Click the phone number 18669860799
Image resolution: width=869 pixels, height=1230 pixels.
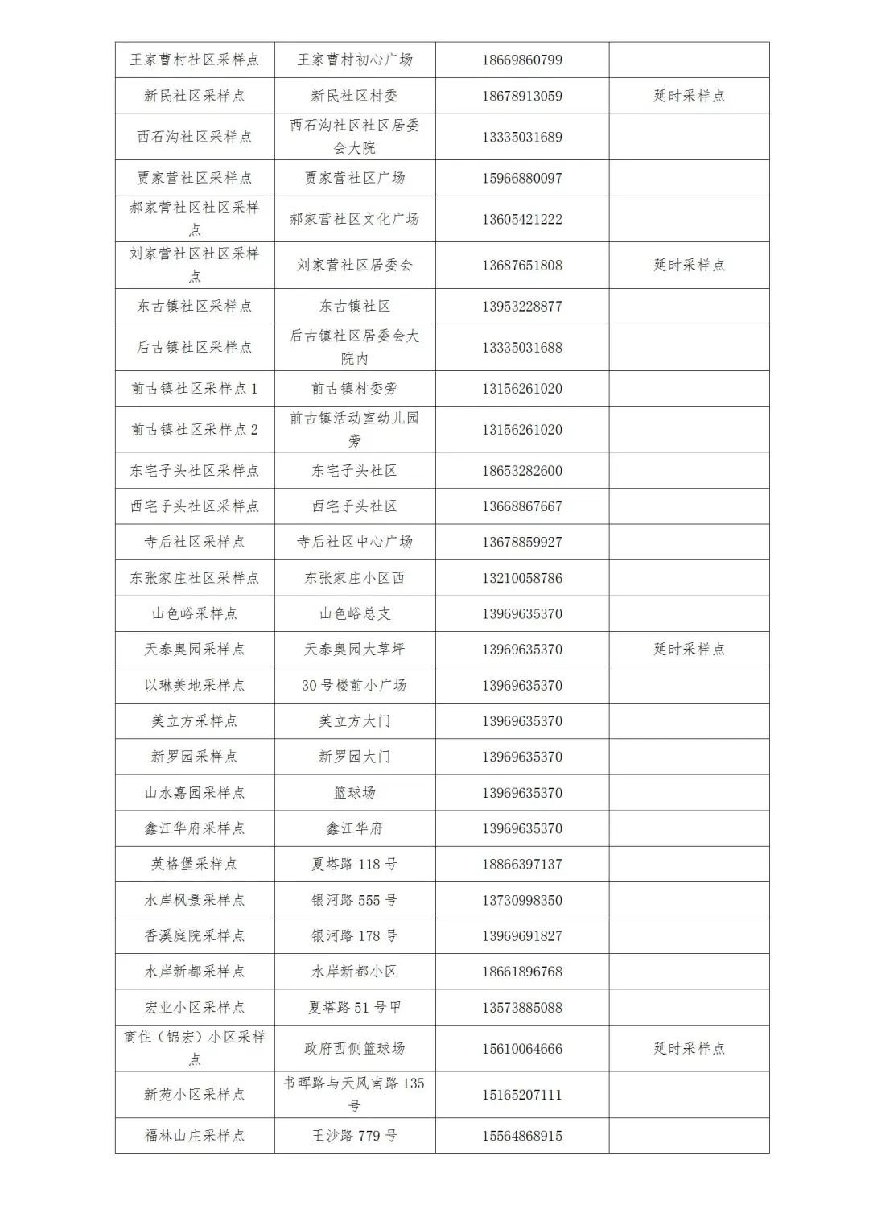click(522, 60)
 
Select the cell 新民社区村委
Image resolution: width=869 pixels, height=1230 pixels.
click(354, 96)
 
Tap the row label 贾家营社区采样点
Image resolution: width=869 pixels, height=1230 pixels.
click(194, 178)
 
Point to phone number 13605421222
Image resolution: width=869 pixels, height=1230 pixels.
click(522, 219)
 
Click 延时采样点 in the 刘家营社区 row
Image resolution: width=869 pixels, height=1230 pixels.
click(689, 265)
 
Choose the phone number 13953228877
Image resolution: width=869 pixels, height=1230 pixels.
click(522, 307)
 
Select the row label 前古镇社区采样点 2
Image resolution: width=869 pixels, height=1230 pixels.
click(194, 429)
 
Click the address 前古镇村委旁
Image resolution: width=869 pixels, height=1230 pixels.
click(354, 389)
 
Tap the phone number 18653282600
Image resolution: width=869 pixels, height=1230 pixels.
click(522, 471)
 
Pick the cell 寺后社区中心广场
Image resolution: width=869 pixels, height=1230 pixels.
click(354, 543)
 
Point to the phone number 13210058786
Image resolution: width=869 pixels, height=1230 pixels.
click(522, 578)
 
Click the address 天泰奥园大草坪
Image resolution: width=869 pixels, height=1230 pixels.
click(354, 650)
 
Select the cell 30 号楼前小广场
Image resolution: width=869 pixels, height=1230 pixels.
click(354, 686)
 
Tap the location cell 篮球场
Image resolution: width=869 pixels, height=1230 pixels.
click(354, 793)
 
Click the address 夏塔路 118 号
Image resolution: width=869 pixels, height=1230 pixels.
click(354, 865)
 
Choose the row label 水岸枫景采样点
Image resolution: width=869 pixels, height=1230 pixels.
click(194, 900)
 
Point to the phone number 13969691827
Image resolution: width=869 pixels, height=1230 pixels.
click(522, 936)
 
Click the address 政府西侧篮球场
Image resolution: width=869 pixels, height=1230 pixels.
click(354, 1049)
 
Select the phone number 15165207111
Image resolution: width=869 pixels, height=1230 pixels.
click(522, 1095)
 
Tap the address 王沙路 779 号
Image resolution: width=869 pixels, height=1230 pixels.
click(354, 1136)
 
